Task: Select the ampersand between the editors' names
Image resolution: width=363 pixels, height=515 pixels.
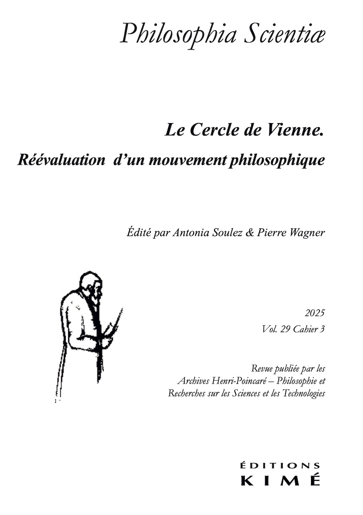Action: [251, 234]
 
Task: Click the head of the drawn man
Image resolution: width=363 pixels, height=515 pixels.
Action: [90, 285]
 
